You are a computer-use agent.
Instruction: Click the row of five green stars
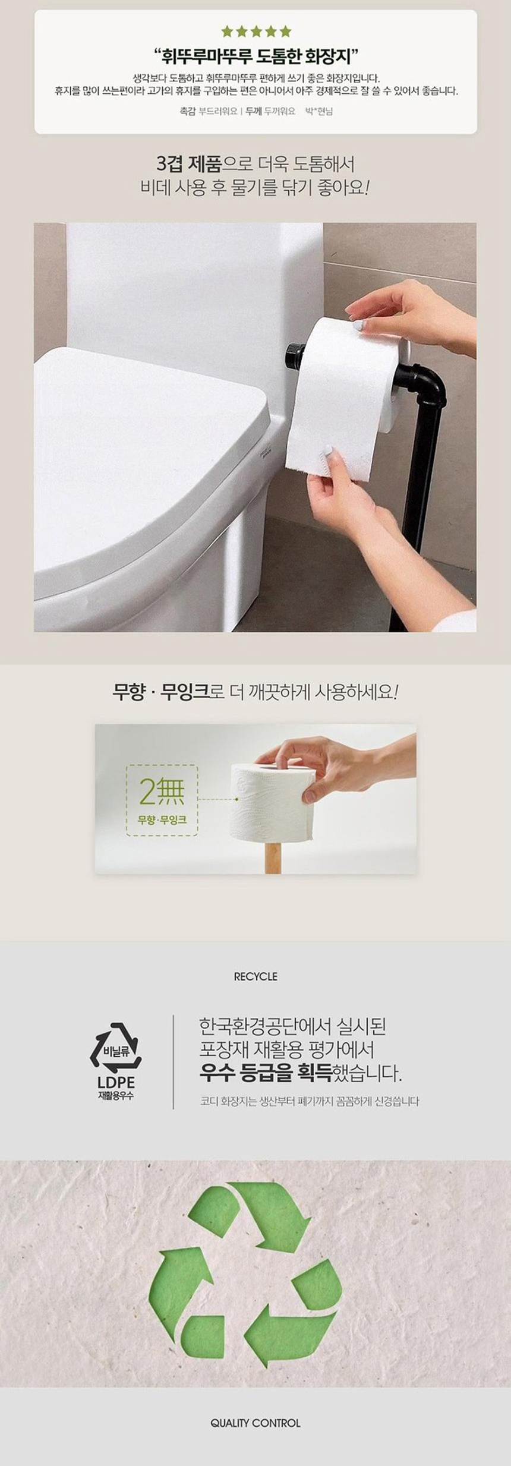pyautogui.click(x=256, y=31)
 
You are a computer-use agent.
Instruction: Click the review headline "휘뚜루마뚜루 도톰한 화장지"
pyautogui.click(x=255, y=57)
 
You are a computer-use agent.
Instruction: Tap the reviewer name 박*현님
pyautogui.click(x=318, y=111)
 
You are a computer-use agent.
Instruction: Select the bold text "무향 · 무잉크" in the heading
pyautogui.click(x=162, y=693)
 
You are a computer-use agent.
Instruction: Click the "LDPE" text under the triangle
pyautogui.click(x=116, y=1083)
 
